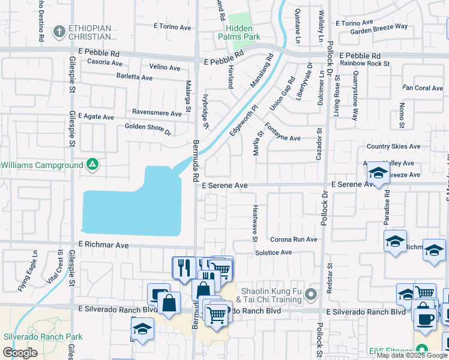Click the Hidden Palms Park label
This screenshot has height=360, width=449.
coord(244,32)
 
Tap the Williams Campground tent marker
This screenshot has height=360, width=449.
coord(92,164)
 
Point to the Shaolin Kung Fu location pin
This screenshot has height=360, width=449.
coord(310,295)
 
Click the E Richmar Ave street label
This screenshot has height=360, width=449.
coord(104,245)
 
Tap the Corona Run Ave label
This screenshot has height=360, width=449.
coord(294,239)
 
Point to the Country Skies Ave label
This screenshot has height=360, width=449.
coord(393,146)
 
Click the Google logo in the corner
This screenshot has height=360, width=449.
coord(20,353)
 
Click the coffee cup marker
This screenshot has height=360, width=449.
coord(426,320)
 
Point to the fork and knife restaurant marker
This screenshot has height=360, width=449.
coord(183,268)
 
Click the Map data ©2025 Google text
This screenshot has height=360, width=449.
coord(412,355)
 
